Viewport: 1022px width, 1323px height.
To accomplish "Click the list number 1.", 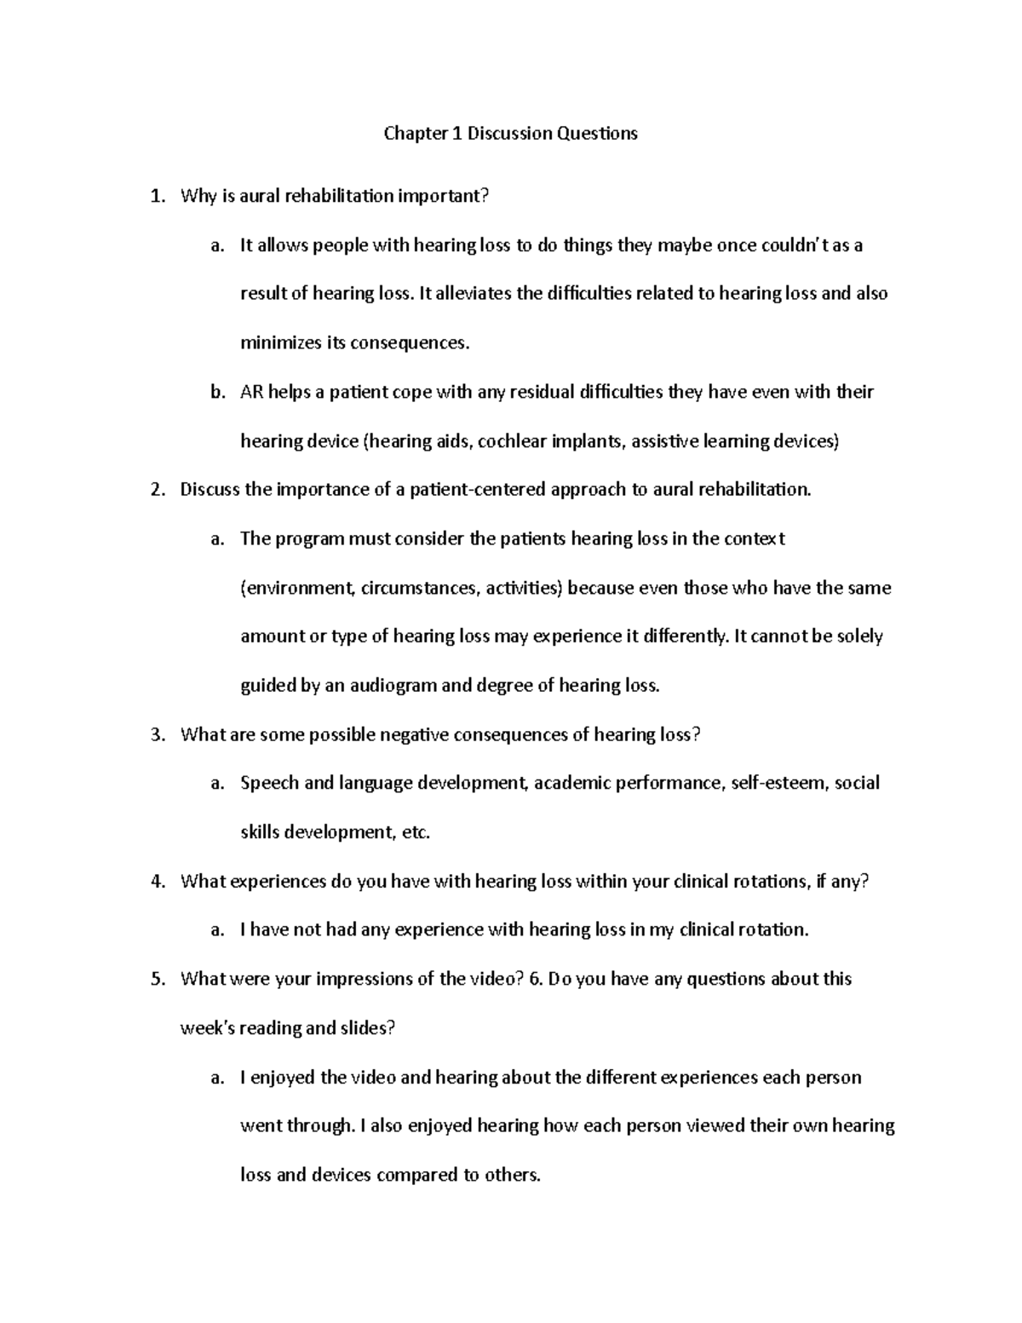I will (x=156, y=197).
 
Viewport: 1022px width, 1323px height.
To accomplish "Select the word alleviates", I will (x=476, y=294).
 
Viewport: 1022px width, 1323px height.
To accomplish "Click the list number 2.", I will (x=156, y=490).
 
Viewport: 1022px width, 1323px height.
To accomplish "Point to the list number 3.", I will (x=156, y=735).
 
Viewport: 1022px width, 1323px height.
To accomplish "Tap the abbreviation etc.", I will (x=416, y=832).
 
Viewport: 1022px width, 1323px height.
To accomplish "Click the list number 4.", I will (x=156, y=882).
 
